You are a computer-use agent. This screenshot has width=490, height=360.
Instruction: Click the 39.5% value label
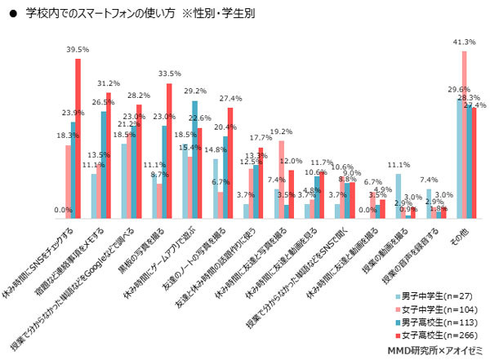pyautogui.click(x=77, y=50)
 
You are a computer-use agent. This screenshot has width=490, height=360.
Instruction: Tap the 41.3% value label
pyautogui.click(x=464, y=42)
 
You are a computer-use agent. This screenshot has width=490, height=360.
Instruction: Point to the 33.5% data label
pyautogui.click(x=168, y=74)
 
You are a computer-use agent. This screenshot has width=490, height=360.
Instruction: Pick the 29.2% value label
pyautogui.click(x=194, y=91)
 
